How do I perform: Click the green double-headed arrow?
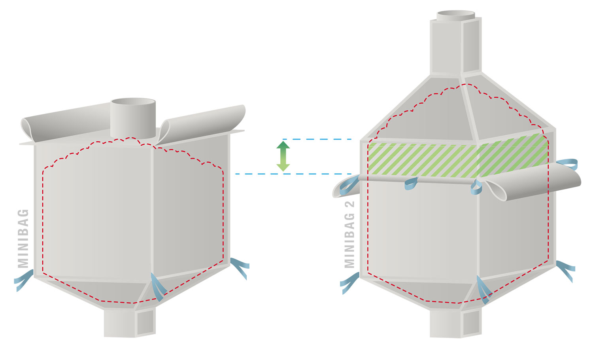point(283,156)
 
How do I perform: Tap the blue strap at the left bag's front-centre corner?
point(157,287)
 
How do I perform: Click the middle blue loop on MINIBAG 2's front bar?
point(411,183)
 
